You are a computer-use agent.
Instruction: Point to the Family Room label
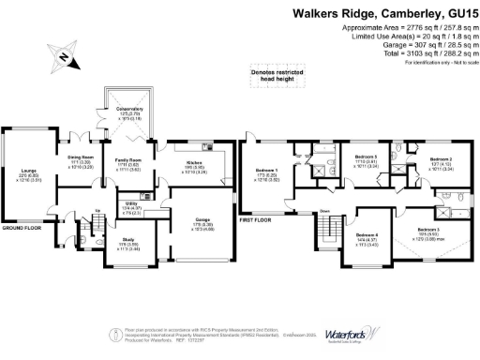coord(128,161)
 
